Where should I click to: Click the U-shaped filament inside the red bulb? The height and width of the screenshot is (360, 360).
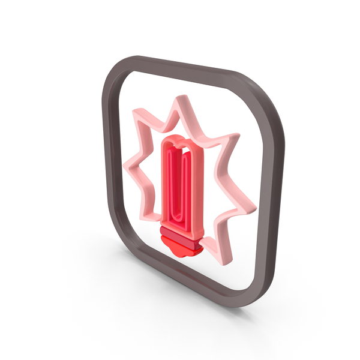pyautogui.click(x=182, y=183)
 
